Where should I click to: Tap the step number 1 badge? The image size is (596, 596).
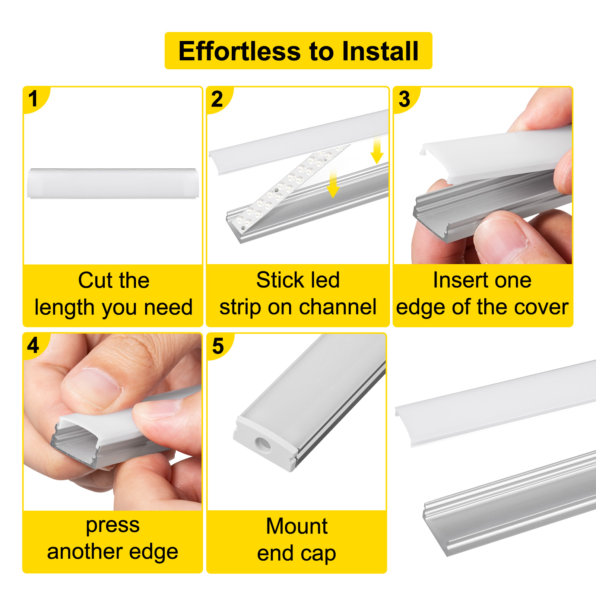(x=33, y=99)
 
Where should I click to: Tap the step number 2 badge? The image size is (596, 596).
(x=217, y=99)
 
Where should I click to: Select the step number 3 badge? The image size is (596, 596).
(x=404, y=99)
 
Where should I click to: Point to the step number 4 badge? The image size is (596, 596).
(x=33, y=345)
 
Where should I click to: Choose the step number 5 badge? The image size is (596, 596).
(x=218, y=346)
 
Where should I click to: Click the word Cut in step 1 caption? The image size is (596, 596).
(x=95, y=280)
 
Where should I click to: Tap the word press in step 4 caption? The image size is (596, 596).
(x=112, y=525)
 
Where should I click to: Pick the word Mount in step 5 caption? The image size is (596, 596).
(x=297, y=526)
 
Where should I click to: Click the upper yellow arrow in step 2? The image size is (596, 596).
(x=377, y=150)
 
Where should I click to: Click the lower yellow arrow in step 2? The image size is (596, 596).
(x=333, y=183)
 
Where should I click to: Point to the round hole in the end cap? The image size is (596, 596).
(x=264, y=444)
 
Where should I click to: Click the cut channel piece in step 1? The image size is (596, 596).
(x=113, y=183)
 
